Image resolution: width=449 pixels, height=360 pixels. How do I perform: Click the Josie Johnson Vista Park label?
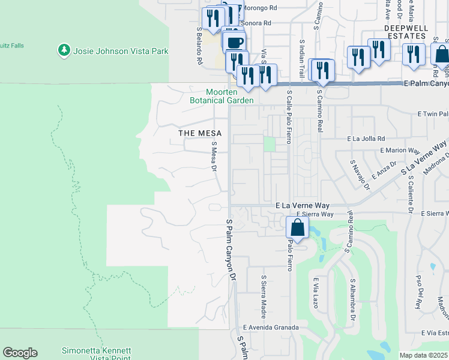click(x=121, y=51)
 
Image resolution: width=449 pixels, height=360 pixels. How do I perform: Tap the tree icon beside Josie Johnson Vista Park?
click(x=64, y=50)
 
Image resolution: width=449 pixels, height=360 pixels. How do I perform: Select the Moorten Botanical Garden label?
click(x=230, y=96)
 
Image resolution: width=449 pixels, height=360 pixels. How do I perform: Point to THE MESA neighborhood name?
click(x=200, y=133)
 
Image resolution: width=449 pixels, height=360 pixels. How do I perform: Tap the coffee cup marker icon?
click(x=235, y=43)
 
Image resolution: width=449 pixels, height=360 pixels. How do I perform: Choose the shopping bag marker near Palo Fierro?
click(x=297, y=228)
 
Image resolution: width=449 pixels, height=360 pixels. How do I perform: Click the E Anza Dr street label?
click(x=384, y=169)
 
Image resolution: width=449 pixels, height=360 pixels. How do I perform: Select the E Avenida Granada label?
click(x=270, y=328)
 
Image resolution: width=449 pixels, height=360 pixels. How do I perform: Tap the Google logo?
click(x=20, y=353)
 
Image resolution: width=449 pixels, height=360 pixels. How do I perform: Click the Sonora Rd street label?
click(x=256, y=23)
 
